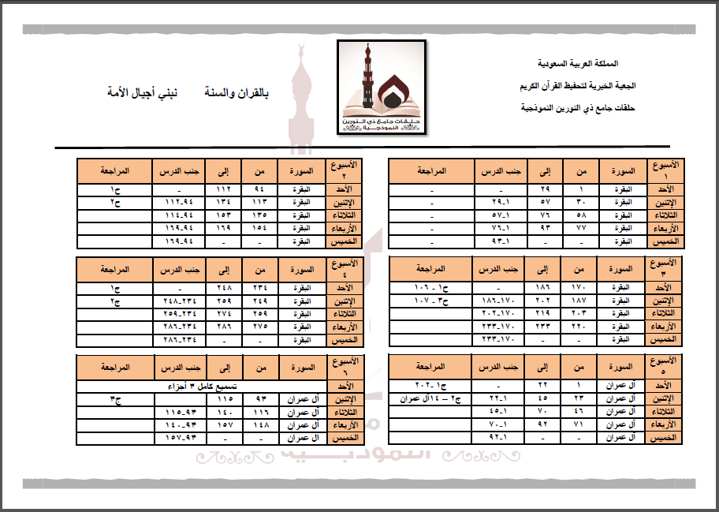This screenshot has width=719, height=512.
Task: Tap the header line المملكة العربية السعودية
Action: pyautogui.click(x=577, y=62)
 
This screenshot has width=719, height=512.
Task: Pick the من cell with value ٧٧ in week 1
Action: pyautogui.click(x=582, y=227)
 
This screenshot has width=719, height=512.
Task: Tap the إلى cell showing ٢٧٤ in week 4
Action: pyautogui.click(x=224, y=314)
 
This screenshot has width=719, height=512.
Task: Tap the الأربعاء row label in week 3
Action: pyautogui.click(x=665, y=326)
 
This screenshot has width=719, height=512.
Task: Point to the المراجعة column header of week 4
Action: pyautogui.click(x=115, y=269)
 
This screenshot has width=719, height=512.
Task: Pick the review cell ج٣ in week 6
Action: pyautogui.click(x=115, y=399)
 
